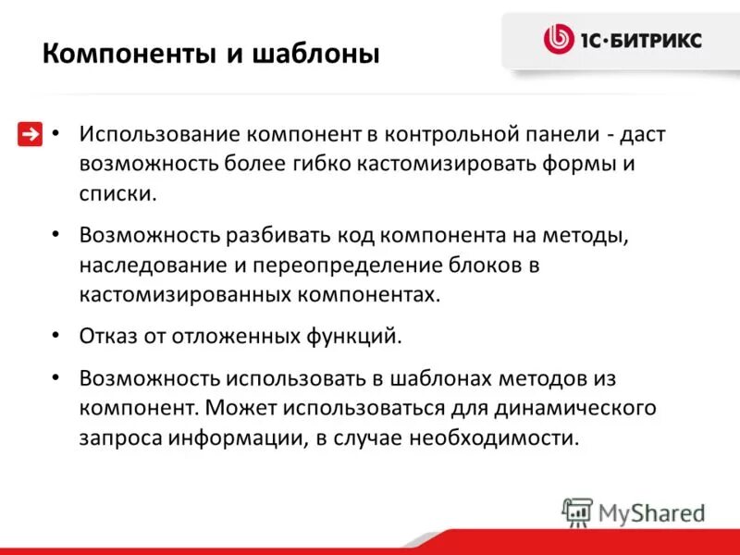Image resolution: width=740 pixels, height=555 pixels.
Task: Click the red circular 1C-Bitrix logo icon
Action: click(558, 39)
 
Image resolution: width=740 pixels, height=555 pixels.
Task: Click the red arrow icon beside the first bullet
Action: click(30, 134)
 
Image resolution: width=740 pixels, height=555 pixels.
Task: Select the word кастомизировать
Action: click(462, 165)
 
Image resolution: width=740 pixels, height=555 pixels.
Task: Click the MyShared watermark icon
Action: click(577, 512)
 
